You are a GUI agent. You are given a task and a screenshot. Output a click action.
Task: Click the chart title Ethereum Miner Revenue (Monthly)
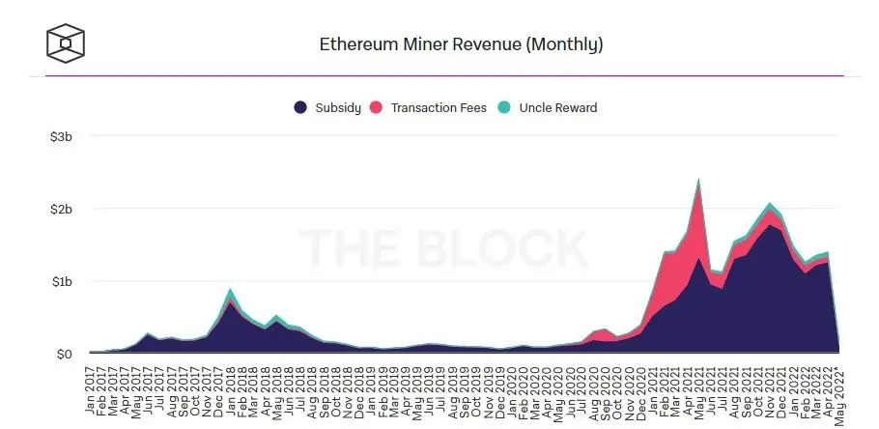461,44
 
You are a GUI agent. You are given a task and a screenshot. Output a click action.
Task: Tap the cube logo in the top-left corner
66,43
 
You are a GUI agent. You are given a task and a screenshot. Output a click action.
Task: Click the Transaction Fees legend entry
431,107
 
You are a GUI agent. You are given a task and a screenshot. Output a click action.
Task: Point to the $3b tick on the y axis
61,137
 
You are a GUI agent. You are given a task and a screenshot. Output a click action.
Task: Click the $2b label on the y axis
61,209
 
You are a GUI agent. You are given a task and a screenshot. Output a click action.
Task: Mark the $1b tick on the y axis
61,281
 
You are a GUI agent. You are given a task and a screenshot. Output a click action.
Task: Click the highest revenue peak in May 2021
697,180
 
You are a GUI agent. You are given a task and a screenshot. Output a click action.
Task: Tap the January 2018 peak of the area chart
229,290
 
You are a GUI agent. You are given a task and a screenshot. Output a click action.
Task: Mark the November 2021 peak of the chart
769,204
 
